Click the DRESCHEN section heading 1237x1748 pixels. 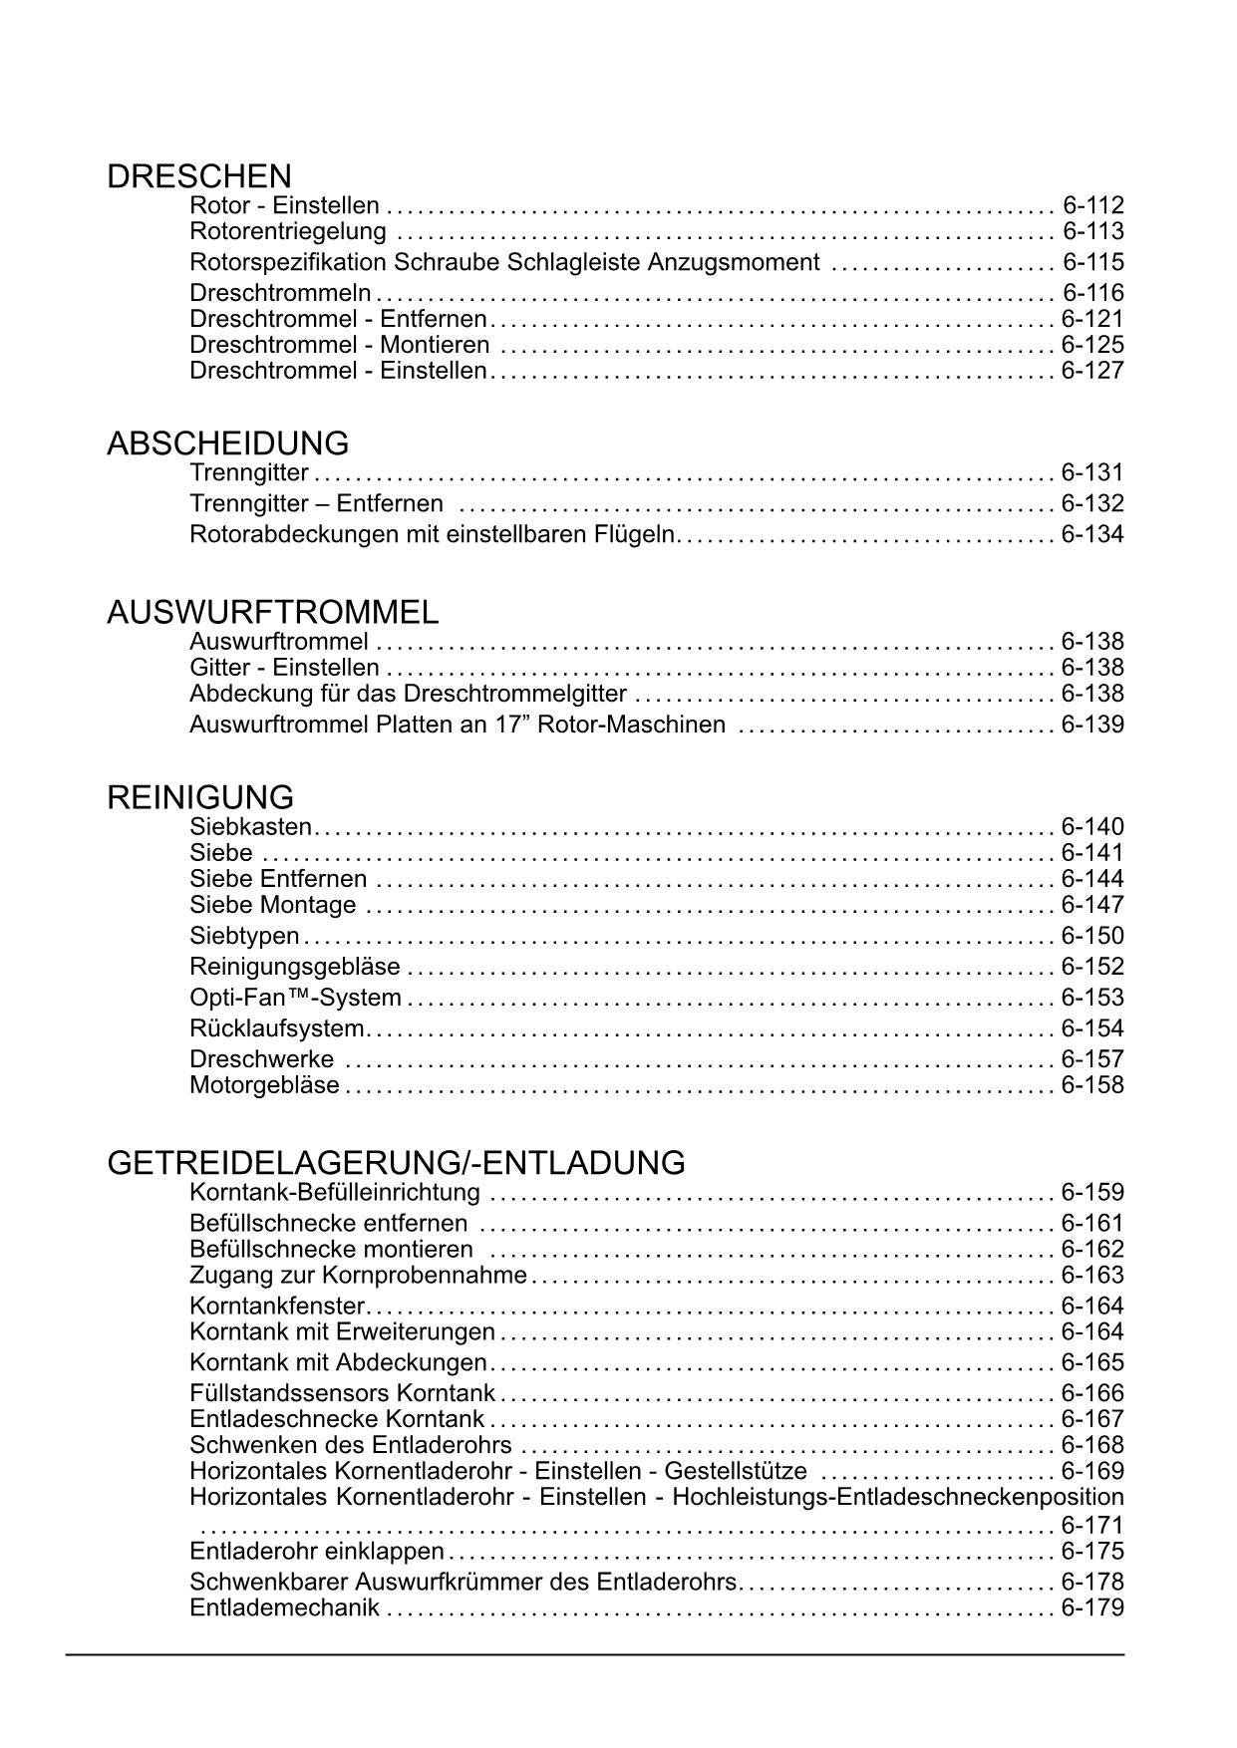[198, 176]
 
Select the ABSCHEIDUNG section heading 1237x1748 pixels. [227, 443]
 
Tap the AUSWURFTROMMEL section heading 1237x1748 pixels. [272, 612]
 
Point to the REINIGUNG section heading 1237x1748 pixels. [200, 797]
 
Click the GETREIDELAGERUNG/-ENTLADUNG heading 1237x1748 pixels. [396, 1163]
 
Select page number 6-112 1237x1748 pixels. [1092, 206]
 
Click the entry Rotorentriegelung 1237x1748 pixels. [287, 232]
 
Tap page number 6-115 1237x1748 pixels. [1092, 263]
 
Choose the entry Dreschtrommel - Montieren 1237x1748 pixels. [339, 346]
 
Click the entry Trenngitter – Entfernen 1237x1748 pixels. [316, 504]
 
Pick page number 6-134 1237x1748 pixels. [1092, 535]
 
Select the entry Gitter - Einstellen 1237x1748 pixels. [284, 668]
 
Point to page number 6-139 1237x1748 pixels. [1092, 726]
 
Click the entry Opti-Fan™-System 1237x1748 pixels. [295, 999]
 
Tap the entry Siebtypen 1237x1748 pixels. [244, 937]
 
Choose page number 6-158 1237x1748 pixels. [1092, 1086]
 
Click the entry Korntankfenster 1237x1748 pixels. [277, 1307]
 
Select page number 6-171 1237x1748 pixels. [1092, 1526]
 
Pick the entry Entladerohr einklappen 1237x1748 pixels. [316, 1552]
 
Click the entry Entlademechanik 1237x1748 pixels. [284, 1608]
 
